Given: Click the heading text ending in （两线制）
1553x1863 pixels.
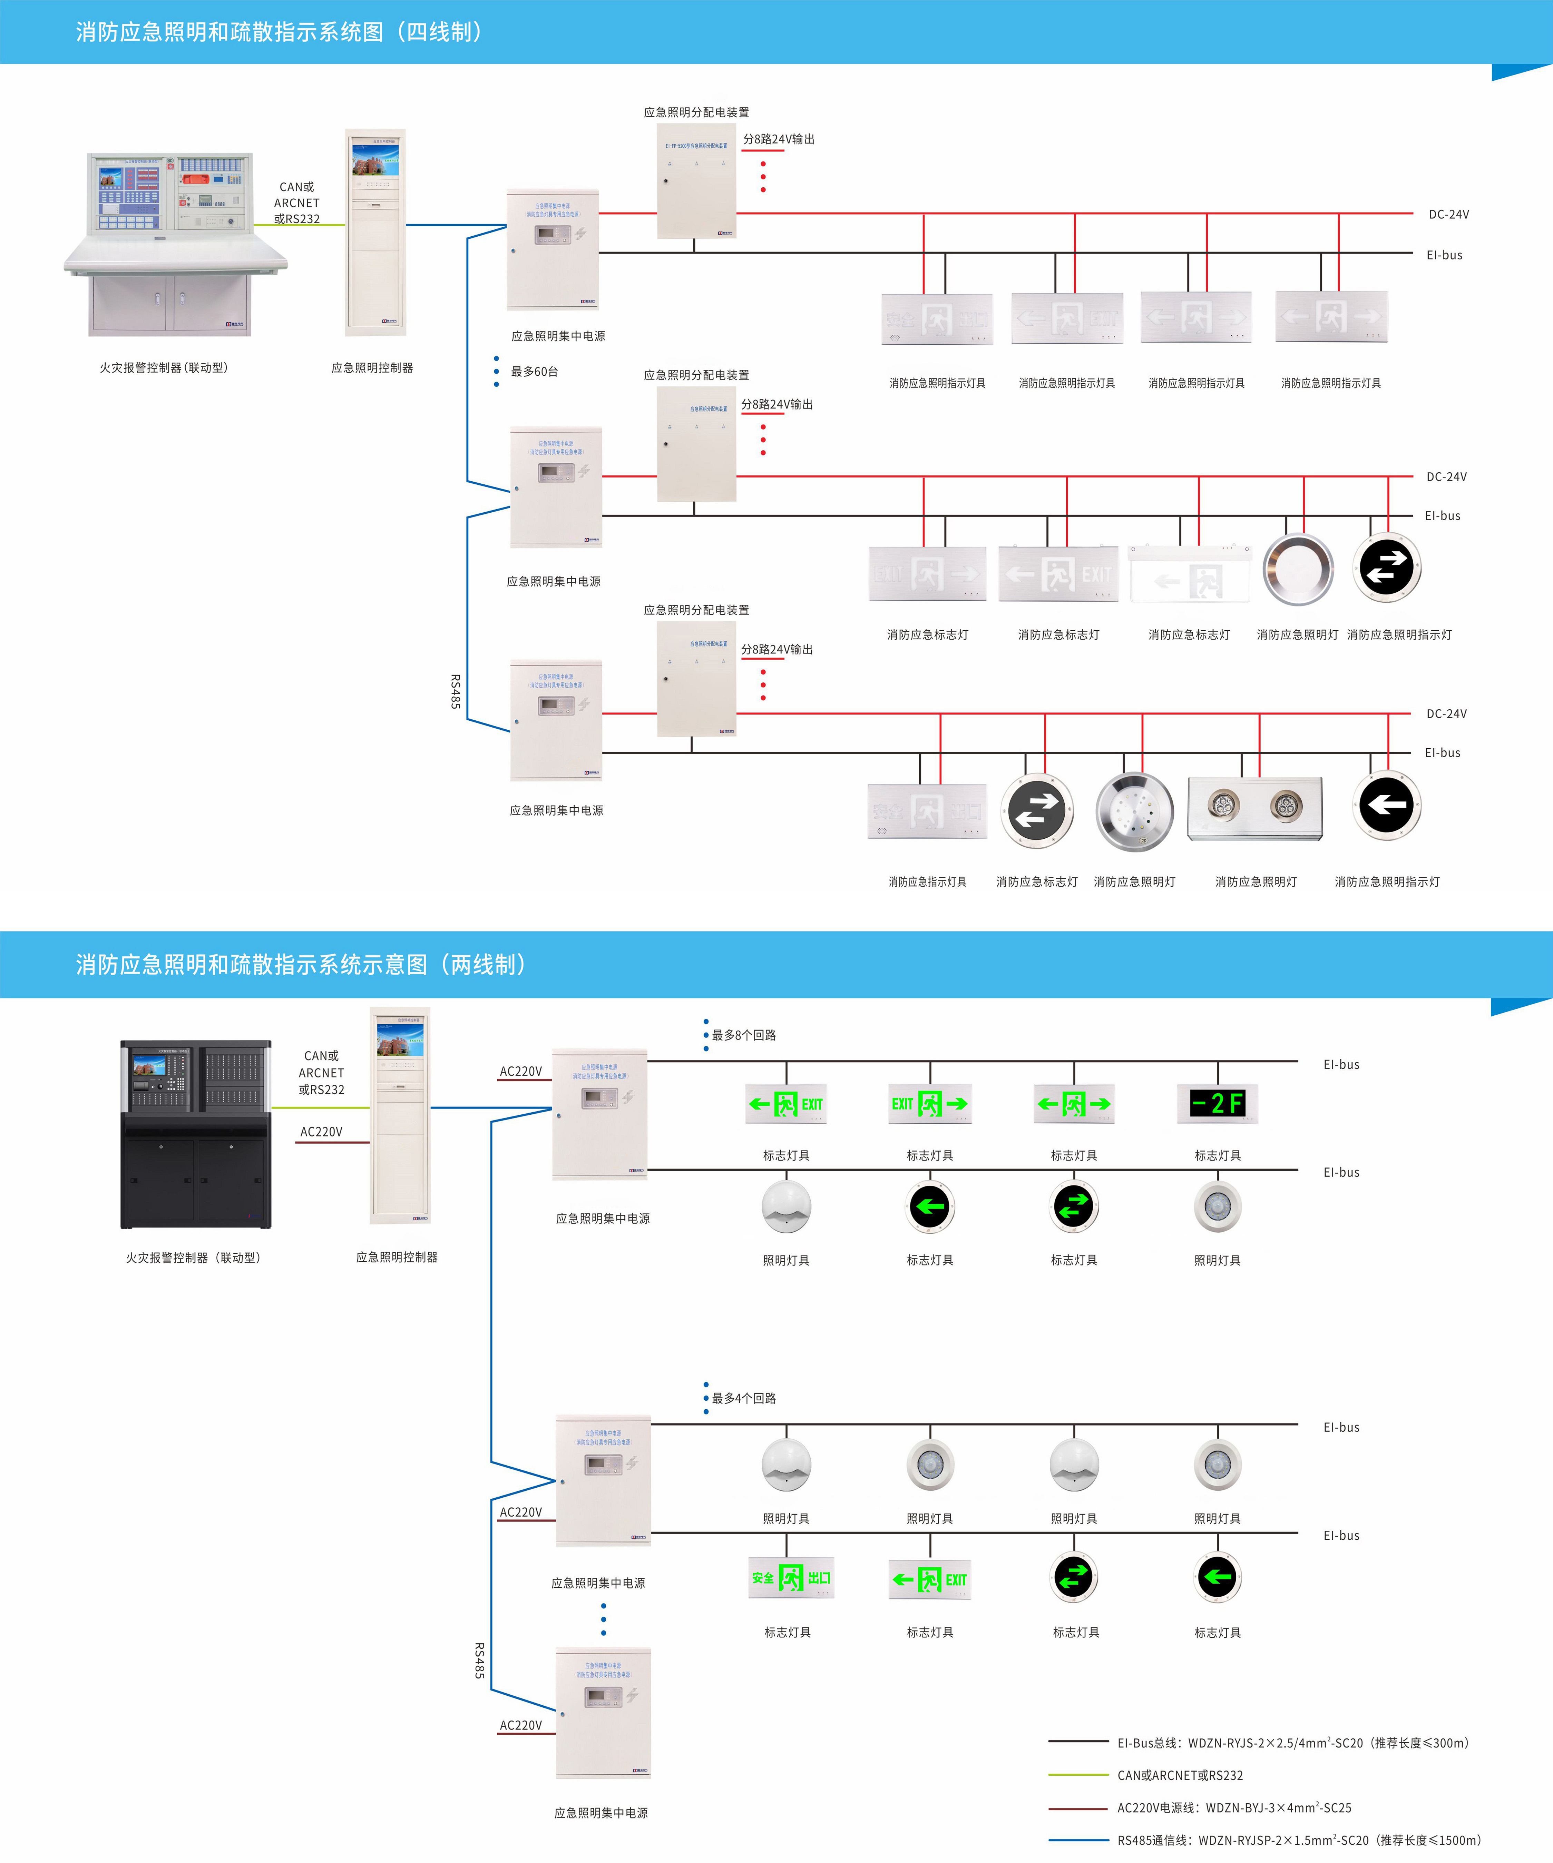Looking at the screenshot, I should coord(302,964).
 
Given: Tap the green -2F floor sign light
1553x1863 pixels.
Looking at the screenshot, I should coord(1218,1104).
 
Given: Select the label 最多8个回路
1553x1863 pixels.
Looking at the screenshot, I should coord(744,1035).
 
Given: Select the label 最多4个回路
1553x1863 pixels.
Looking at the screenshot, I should coord(744,1398).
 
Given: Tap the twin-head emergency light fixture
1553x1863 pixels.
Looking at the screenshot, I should coord(1255,808).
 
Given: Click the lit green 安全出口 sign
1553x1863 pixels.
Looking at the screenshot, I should coord(791,1578).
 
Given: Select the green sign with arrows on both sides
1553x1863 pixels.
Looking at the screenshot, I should coord(1074,1104).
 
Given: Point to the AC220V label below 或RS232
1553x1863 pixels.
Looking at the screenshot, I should coord(321,1132).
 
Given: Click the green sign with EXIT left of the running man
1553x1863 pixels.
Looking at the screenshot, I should coord(930,1104).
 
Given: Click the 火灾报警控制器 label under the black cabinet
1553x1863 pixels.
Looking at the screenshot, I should coord(194,1258).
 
